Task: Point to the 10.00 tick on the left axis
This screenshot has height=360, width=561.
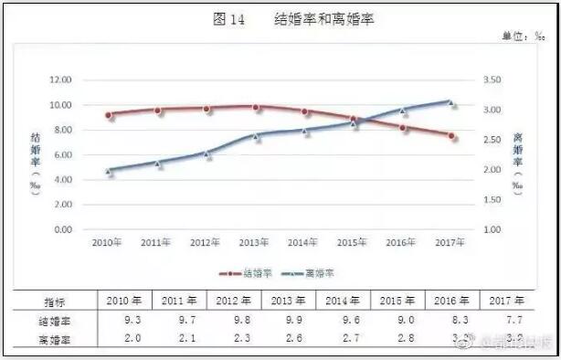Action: [60, 105]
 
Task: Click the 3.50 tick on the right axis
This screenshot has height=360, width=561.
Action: [492, 80]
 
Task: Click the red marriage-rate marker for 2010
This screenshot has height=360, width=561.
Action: [110, 115]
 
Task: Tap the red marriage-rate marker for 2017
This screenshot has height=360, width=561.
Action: [453, 137]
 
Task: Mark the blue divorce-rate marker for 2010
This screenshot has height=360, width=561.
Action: [110, 171]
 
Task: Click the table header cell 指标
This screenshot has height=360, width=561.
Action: [57, 301]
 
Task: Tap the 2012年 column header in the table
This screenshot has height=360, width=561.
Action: [234, 301]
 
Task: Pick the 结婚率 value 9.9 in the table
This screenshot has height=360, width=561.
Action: [289, 320]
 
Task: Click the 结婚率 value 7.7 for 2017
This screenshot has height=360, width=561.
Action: [507, 320]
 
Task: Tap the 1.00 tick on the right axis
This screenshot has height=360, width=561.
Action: [492, 229]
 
